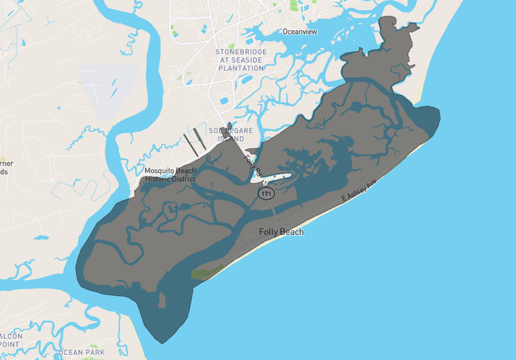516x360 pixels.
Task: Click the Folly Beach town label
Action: pos(281,232)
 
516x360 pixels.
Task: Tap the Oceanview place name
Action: pos(299,32)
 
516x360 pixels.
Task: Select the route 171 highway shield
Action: pos(267,194)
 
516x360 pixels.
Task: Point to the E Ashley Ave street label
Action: pos(359,191)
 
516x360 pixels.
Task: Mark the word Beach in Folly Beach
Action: pos(292,232)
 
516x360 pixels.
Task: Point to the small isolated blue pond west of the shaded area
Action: pos(41,237)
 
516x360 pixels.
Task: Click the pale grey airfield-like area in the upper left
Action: pos(107,90)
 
